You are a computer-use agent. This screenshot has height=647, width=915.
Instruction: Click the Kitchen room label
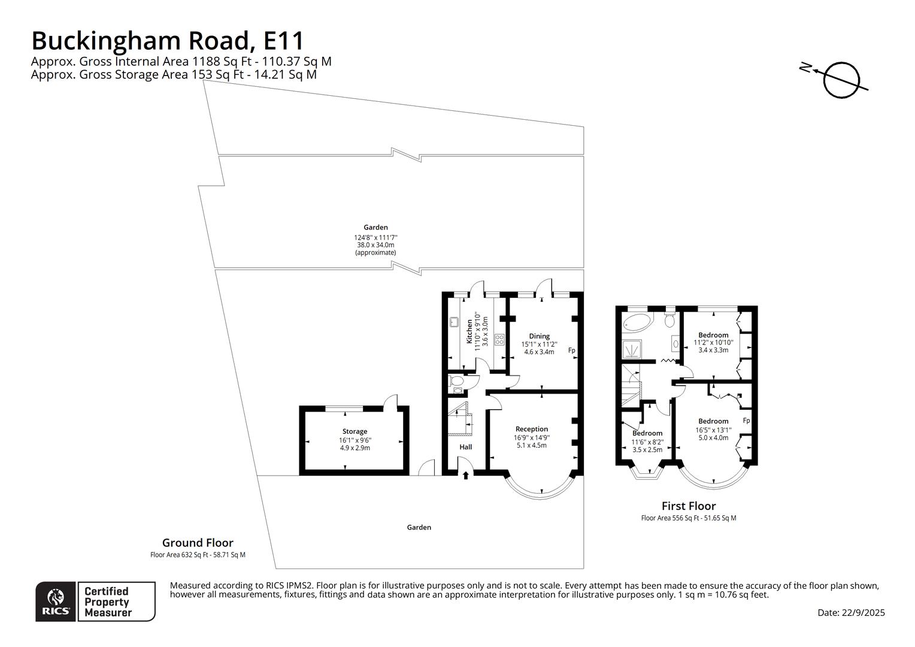pyautogui.click(x=469, y=332)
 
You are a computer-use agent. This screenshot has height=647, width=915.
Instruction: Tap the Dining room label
pyautogui.click(x=539, y=336)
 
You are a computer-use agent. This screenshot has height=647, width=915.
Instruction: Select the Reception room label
pyautogui.click(x=531, y=429)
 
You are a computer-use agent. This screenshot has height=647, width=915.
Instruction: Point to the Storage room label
pyautogui.click(x=355, y=431)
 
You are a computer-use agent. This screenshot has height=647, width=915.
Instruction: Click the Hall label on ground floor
pyautogui.click(x=466, y=447)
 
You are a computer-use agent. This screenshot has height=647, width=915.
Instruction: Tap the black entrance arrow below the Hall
pyautogui.click(x=466, y=475)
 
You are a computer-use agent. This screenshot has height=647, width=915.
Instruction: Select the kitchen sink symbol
pyautogui.click(x=454, y=322)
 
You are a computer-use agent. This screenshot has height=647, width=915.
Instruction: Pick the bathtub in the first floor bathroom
pyautogui.click(x=637, y=323)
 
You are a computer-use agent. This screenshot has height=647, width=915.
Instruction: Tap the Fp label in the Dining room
pyautogui.click(x=571, y=350)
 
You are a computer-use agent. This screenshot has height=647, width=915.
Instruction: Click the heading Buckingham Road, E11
pyautogui.click(x=168, y=41)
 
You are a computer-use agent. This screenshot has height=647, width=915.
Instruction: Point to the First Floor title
pyautogui.click(x=689, y=506)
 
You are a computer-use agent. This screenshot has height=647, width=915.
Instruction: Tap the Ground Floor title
pyautogui.click(x=198, y=543)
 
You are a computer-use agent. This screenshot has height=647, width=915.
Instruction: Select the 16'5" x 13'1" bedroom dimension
pyautogui.click(x=713, y=430)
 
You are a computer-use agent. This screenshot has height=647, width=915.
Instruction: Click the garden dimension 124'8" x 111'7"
pyautogui.click(x=375, y=237)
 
